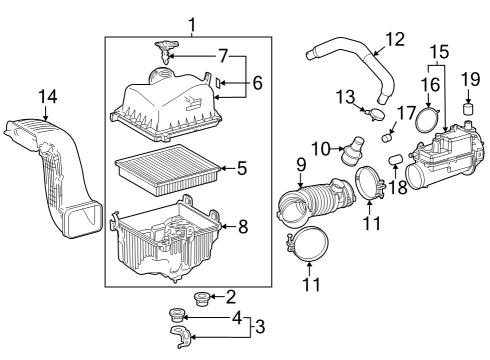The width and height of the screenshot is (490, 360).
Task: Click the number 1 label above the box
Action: coord(191,23)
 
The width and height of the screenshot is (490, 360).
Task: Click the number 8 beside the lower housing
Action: coord(241,226)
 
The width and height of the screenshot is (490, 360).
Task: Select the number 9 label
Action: coord(300,164)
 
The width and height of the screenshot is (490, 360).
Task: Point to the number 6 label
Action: coord(257,84)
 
